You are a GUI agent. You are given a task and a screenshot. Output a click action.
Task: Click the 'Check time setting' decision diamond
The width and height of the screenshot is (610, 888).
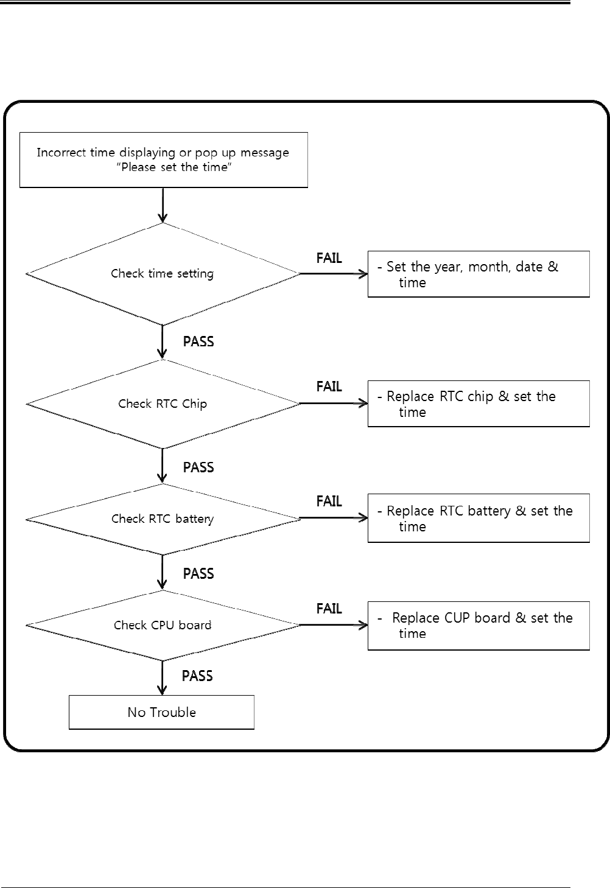click(163, 274)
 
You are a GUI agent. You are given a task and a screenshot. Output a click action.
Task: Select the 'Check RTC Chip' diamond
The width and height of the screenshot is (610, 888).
click(163, 404)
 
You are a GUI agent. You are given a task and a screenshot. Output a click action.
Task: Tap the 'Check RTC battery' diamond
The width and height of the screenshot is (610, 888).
click(163, 519)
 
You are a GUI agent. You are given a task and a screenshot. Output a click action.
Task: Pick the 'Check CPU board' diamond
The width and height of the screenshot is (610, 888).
click(163, 625)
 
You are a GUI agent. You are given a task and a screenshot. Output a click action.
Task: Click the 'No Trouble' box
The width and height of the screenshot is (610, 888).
click(161, 712)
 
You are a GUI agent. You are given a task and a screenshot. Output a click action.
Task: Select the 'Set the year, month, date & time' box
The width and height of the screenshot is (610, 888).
click(479, 274)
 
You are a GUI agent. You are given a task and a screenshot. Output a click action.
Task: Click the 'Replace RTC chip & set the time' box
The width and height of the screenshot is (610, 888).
click(479, 404)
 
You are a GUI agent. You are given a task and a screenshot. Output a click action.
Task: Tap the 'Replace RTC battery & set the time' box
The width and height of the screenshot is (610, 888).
click(479, 518)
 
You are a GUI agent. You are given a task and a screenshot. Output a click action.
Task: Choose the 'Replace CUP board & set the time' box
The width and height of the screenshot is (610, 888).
click(479, 626)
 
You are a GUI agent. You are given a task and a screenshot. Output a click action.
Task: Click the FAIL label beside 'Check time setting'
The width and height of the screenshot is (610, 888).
click(329, 258)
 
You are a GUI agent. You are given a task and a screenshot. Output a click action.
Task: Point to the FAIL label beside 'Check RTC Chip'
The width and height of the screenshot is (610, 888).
click(329, 386)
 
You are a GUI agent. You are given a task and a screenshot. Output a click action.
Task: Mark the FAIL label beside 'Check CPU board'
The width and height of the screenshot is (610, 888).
click(329, 608)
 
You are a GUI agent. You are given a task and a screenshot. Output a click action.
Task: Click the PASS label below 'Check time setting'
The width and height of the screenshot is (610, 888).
click(198, 341)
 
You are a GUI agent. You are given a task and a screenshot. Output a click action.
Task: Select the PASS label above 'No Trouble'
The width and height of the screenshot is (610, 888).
click(197, 676)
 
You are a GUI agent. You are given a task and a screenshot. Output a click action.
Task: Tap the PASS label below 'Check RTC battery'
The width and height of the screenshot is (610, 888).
click(198, 573)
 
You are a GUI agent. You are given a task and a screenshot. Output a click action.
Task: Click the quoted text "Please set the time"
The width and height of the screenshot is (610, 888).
click(174, 167)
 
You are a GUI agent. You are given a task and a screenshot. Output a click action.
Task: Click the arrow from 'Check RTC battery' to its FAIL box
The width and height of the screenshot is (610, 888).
click(334, 518)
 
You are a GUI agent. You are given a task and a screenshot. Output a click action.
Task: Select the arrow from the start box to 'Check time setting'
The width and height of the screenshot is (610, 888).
click(163, 205)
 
